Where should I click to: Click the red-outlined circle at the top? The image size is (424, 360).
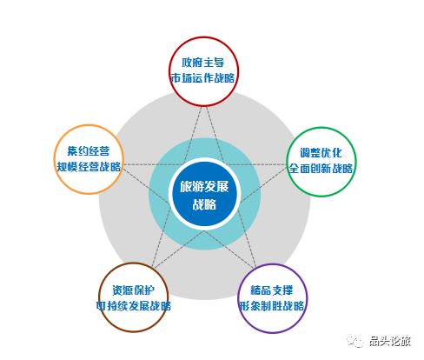click(204, 37)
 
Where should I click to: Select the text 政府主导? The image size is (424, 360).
click(203, 63)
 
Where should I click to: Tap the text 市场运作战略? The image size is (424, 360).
click(202, 77)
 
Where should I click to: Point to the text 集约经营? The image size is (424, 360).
click(89, 150)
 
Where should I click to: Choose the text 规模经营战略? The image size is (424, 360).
click(89, 166)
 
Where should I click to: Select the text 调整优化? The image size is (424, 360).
click(321, 153)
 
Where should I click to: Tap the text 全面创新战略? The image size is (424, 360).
click(321, 168)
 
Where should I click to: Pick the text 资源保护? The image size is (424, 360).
click(134, 290)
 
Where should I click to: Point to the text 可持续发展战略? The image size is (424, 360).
click(134, 306)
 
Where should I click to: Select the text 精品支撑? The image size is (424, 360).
click(272, 290)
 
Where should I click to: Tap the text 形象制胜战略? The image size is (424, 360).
click(272, 306)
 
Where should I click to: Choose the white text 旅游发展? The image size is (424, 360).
click(204, 186)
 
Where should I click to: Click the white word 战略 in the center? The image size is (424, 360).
click(204, 204)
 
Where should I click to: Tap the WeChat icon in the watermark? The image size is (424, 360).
click(355, 341)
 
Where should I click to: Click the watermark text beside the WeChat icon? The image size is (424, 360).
click(390, 341)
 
